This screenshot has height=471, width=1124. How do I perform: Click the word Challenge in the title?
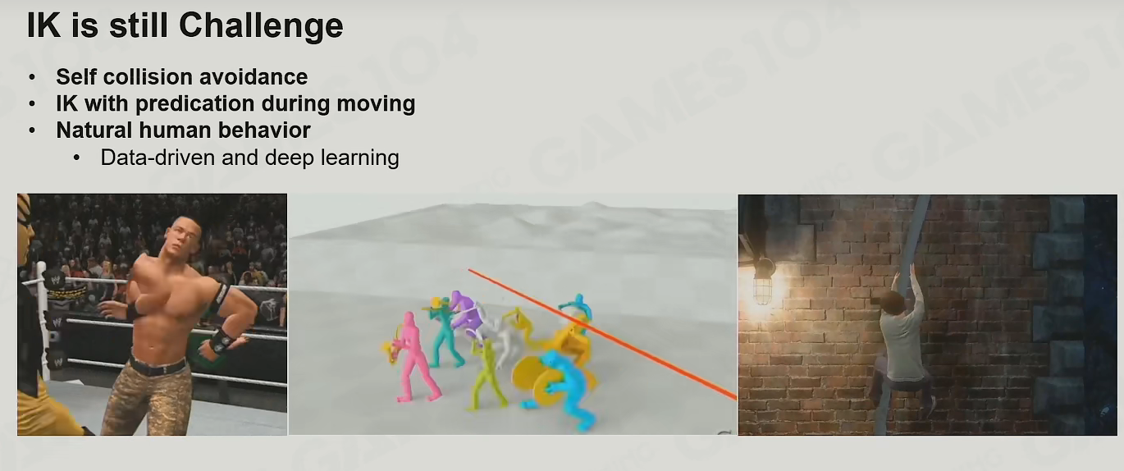(261, 26)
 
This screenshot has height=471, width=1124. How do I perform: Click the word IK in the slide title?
(44, 25)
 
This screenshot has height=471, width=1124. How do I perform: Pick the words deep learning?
(332, 158)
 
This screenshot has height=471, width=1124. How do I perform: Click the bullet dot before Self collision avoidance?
(32, 77)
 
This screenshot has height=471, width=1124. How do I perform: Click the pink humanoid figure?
(414, 357)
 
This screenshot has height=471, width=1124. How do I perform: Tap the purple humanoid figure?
(465, 311)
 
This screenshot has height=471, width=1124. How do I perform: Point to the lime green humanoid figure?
(486, 376)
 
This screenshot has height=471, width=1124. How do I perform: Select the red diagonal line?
(603, 335)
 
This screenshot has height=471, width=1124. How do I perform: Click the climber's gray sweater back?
(903, 346)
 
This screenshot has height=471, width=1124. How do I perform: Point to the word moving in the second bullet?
(376, 104)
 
